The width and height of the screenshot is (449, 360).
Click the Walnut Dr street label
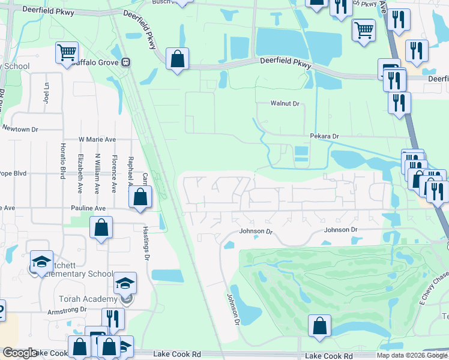(x=285, y=104)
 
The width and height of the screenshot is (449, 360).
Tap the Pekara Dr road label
(x=324, y=137)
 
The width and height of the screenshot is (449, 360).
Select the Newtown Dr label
(x=20, y=129)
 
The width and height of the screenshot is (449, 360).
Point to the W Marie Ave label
(x=97, y=139)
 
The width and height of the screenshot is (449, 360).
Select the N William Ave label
(x=96, y=173)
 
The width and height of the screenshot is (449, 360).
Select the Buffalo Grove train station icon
(x=125, y=62)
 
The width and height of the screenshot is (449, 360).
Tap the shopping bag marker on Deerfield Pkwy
(x=177, y=59)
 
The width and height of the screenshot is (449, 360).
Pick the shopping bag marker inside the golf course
(x=320, y=326)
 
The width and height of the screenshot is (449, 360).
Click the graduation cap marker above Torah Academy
(x=125, y=283)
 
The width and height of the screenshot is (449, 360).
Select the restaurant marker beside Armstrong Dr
(x=113, y=319)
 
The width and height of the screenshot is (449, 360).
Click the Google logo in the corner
(x=20, y=353)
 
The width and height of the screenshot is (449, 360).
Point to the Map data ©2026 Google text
(x=412, y=355)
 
